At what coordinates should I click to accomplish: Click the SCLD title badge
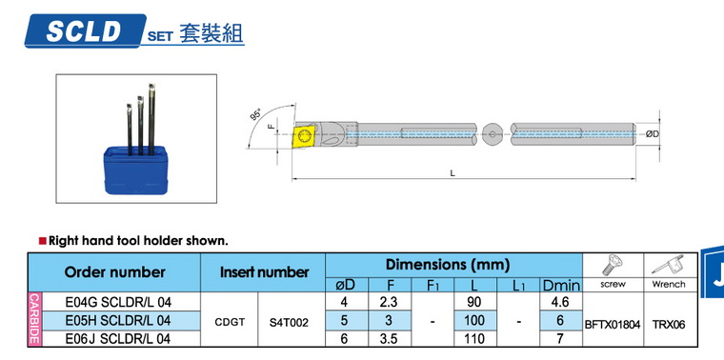coord(86,30)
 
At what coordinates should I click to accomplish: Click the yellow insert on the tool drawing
coord(304,136)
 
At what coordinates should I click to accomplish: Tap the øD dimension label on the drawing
coord(653,134)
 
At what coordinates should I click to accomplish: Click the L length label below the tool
coord(452,173)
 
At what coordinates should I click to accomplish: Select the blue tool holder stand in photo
coord(135,170)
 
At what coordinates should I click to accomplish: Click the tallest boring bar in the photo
coord(151,119)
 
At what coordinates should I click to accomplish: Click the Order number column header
coord(114,272)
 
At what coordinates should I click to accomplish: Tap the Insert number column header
coord(264,272)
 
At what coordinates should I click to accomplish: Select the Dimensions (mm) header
coord(448,265)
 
